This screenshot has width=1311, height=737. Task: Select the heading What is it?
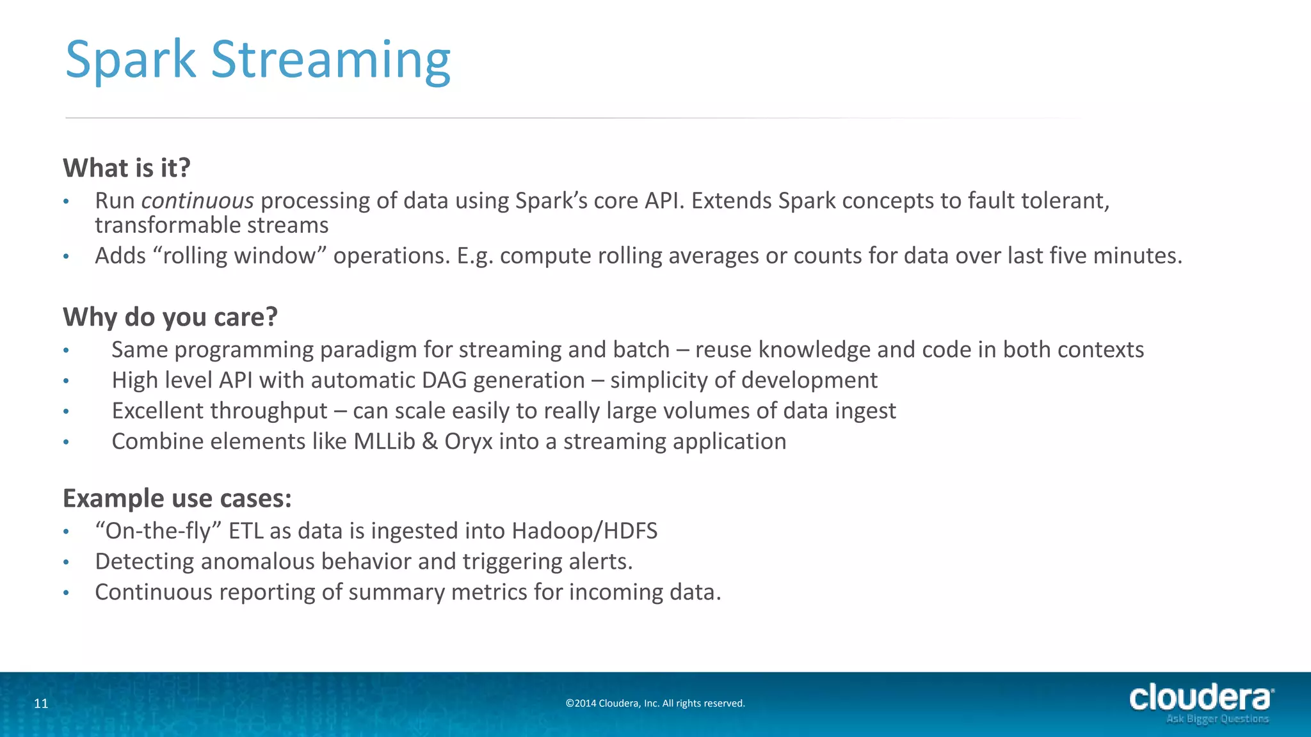[x=127, y=168]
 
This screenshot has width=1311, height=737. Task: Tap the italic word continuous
[x=197, y=201]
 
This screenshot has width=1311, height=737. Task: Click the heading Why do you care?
[x=170, y=317]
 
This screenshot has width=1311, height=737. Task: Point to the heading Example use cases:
[x=177, y=498]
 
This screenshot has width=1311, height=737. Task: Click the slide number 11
[x=41, y=704]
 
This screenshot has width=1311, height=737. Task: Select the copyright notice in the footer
[x=655, y=704]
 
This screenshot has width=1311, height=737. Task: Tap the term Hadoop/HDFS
[x=584, y=531]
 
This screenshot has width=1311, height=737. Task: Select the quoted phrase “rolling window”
[x=239, y=256]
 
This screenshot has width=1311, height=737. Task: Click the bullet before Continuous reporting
[x=66, y=593]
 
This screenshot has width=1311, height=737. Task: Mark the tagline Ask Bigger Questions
[x=1217, y=719]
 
